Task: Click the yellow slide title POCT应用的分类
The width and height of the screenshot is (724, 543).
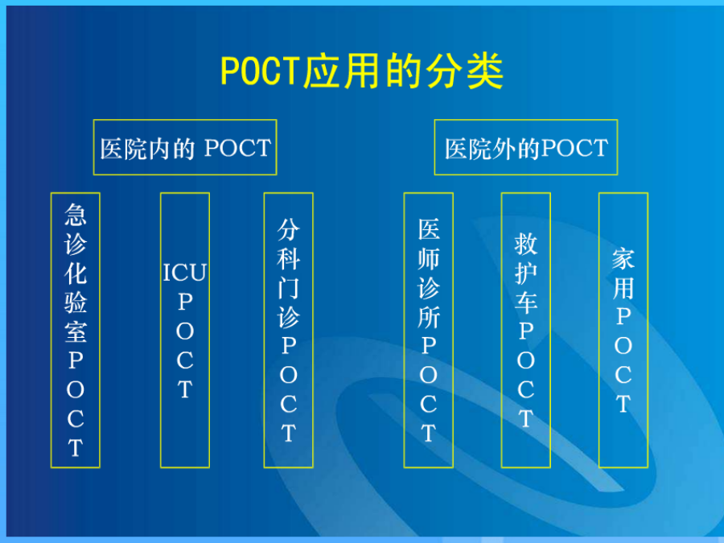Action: pyautogui.click(x=362, y=71)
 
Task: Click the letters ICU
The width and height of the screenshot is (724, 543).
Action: pyautogui.click(x=185, y=273)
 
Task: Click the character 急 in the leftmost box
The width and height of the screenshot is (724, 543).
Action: pyautogui.click(x=76, y=215)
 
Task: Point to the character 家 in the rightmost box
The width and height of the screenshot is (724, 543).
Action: pyautogui.click(x=623, y=258)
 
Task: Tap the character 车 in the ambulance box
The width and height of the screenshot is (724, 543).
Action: pyautogui.click(x=526, y=302)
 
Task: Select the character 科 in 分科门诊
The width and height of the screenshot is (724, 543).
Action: pyautogui.click(x=289, y=258)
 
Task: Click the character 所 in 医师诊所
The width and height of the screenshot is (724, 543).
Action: pyautogui.click(x=429, y=317)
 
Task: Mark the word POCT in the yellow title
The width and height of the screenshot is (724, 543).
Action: pyautogui.click(x=261, y=71)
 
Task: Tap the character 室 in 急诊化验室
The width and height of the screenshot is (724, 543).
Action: pyautogui.click(x=76, y=331)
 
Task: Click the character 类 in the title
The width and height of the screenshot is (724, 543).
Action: pyautogui.click(x=485, y=71)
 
